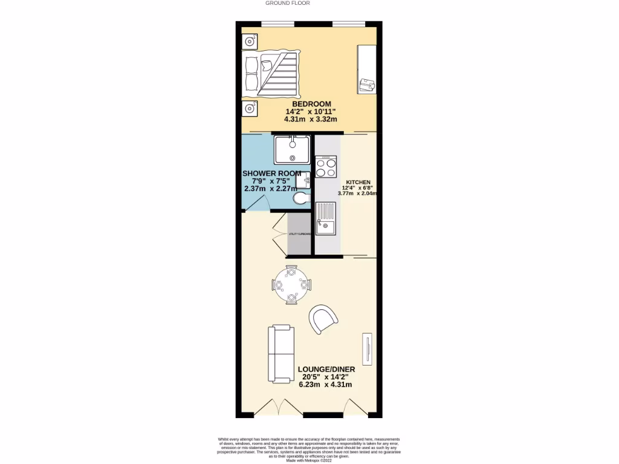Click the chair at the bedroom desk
(x=366, y=85)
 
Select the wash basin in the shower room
(x=306, y=179)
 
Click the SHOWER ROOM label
(x=271, y=173)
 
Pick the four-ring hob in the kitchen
(x=326, y=167)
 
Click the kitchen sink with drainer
(x=326, y=219)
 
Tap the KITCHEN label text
(x=358, y=182)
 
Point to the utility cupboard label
(x=300, y=234)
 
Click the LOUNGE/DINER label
(x=326, y=369)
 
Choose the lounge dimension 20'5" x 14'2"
(x=326, y=377)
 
